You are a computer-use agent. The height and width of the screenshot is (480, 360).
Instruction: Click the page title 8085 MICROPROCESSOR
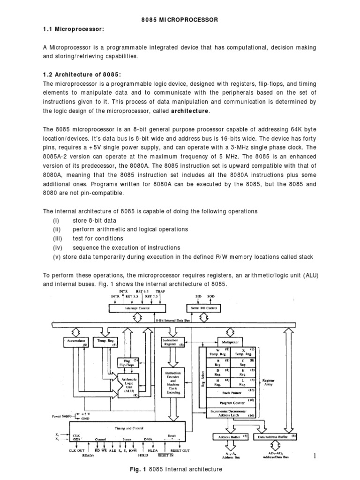coord(179,20)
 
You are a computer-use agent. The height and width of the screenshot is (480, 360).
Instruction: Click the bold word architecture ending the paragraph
coord(191,111)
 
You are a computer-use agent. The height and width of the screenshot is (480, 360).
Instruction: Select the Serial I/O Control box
coord(204,308)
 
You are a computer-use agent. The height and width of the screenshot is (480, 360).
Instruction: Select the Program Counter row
coord(229,403)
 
